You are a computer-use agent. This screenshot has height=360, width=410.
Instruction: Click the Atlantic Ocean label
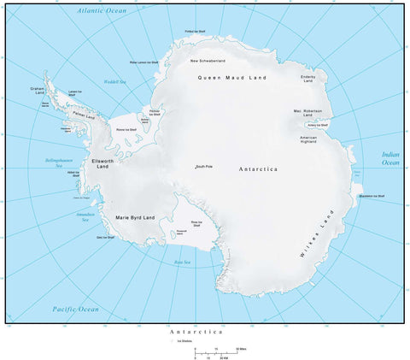pos(101,10)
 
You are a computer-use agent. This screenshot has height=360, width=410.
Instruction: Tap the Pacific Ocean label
pos(75,309)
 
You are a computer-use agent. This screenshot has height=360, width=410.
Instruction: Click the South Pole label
pos(203,166)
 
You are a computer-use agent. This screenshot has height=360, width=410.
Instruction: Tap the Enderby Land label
pos(308,79)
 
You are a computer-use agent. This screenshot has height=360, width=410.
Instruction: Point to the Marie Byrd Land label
pos(135,217)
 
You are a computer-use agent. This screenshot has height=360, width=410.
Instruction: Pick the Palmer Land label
pos(84,115)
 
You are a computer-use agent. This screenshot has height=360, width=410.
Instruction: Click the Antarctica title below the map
pos(196,330)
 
